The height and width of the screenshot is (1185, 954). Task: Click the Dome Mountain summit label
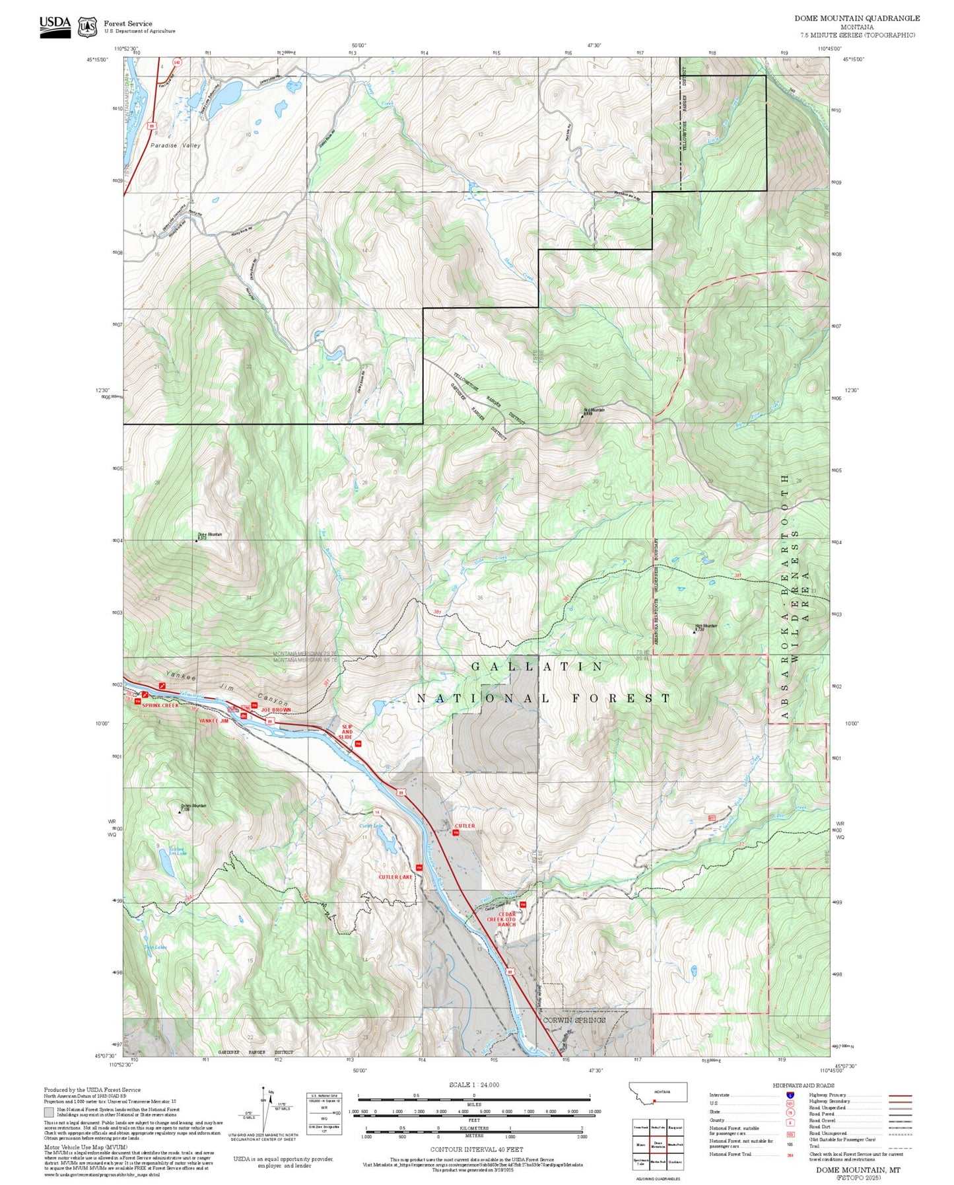pyautogui.click(x=209, y=536)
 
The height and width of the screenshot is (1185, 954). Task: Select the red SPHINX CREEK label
pyautogui.click(x=160, y=705)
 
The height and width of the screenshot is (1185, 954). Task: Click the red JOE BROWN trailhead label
pyautogui.click(x=275, y=710)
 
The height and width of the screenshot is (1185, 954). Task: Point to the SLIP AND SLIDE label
pyautogui.click(x=346, y=732)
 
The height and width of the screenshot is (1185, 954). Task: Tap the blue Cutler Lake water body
pyautogui.click(x=386, y=842)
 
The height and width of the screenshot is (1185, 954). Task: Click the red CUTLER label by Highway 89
pyautogui.click(x=464, y=826)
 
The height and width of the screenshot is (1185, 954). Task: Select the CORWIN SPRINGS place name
pyautogui.click(x=573, y=1021)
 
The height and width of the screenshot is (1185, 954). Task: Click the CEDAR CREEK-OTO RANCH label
pyautogui.click(x=506, y=919)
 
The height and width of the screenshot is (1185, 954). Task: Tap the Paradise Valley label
pyautogui.click(x=174, y=145)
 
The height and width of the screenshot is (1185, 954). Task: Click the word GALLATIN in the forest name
pyautogui.click(x=537, y=667)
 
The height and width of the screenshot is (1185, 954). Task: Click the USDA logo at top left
pyautogui.click(x=55, y=26)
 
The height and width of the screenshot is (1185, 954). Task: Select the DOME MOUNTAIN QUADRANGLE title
pyautogui.click(x=856, y=18)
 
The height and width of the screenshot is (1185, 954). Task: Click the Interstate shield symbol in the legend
pyautogui.click(x=790, y=1095)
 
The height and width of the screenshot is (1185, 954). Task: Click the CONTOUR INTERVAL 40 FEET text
pyautogui.click(x=471, y=1150)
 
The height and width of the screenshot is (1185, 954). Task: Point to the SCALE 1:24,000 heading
pyautogui.click(x=474, y=1085)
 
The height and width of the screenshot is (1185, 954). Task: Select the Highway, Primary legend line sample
pyautogui.click(x=900, y=1095)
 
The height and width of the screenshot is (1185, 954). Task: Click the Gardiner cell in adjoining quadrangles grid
pyautogui.click(x=675, y=1161)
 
